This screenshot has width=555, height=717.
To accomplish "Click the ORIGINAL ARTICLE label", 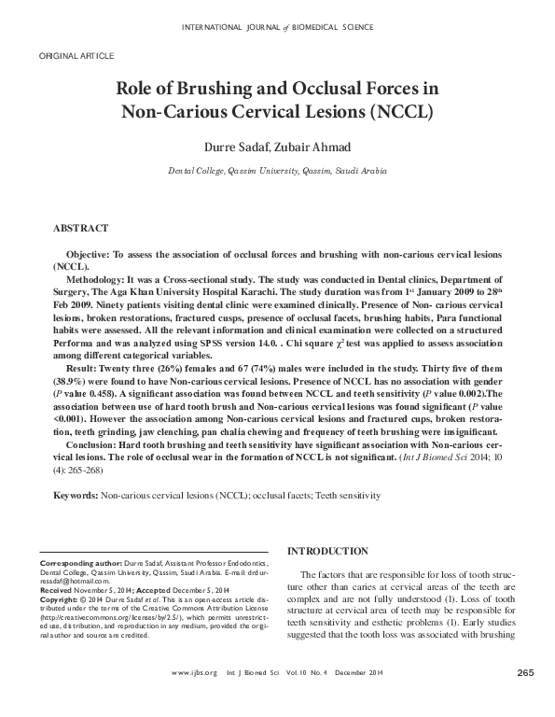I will pos(76,57).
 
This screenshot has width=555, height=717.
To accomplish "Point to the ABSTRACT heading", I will pos(81,228).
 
